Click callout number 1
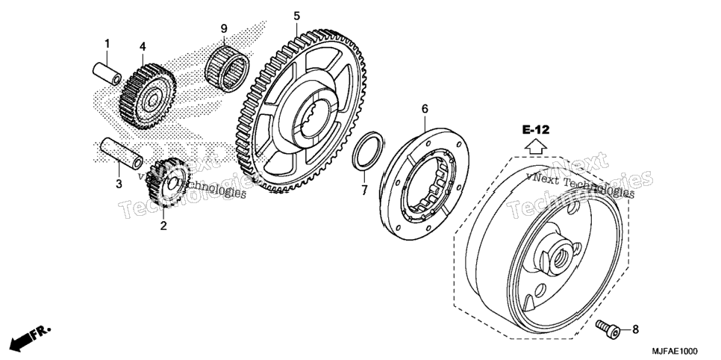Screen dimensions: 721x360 [x=107, y=44]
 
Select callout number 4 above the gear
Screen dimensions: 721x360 [x=143, y=46]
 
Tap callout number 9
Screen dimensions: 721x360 [x=224, y=28]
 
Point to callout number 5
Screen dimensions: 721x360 [x=296, y=16]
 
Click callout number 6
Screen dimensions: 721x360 [x=425, y=109]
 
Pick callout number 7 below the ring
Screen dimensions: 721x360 [x=364, y=189]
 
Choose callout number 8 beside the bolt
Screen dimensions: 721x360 [x=635, y=329]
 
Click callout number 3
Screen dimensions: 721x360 [x=119, y=184]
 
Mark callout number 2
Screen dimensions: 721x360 [x=163, y=226]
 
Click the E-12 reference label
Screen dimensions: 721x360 [x=536, y=130]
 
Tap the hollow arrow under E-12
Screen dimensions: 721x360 [x=536, y=146]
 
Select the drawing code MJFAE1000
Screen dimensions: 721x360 [x=675, y=351]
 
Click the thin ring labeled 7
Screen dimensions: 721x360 [x=367, y=151]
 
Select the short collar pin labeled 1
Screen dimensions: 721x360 [x=107, y=74]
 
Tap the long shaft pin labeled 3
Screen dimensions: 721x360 [x=122, y=152]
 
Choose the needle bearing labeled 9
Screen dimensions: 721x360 [x=227, y=68]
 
